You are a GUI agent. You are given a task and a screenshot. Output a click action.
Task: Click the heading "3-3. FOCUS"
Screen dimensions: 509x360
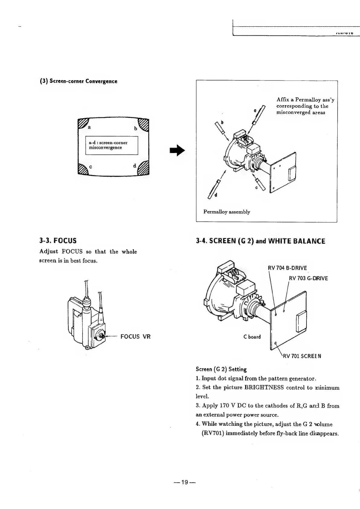click(x=58, y=241)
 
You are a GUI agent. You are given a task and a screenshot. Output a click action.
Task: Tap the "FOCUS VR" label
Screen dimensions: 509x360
click(x=135, y=337)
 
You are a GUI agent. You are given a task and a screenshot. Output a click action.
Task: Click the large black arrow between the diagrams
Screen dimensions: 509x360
click(x=177, y=150)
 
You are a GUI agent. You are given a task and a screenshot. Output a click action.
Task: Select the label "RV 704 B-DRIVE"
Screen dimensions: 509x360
click(x=287, y=268)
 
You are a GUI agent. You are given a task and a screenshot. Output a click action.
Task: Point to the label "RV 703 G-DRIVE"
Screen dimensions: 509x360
click(x=308, y=278)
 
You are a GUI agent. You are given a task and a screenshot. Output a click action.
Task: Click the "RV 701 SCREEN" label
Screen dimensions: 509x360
click(x=302, y=356)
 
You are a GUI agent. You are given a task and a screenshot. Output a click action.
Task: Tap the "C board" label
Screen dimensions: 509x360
click(x=252, y=337)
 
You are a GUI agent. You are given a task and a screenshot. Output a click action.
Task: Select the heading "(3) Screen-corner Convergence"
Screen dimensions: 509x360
click(x=79, y=81)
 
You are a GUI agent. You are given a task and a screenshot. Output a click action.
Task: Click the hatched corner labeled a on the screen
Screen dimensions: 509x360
click(x=82, y=124)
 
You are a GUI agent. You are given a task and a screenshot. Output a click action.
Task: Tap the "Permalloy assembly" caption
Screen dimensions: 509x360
click(x=227, y=212)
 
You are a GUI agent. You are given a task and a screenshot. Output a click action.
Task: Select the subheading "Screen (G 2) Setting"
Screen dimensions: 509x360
click(x=221, y=369)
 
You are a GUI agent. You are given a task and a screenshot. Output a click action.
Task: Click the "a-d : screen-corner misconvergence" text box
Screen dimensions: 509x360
click(x=112, y=145)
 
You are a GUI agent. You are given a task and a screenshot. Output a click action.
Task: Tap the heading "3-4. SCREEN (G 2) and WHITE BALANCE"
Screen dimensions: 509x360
click(x=260, y=241)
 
